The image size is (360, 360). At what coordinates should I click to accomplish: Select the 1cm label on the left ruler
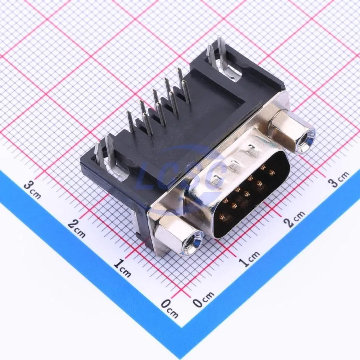122,268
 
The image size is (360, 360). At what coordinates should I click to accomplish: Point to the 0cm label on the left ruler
170,308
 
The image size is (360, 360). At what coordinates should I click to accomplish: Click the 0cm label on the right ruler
203,298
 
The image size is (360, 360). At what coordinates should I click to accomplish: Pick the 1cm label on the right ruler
249,258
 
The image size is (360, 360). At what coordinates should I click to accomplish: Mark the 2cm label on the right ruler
294,218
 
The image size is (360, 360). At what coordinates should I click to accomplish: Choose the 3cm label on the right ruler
338,179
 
